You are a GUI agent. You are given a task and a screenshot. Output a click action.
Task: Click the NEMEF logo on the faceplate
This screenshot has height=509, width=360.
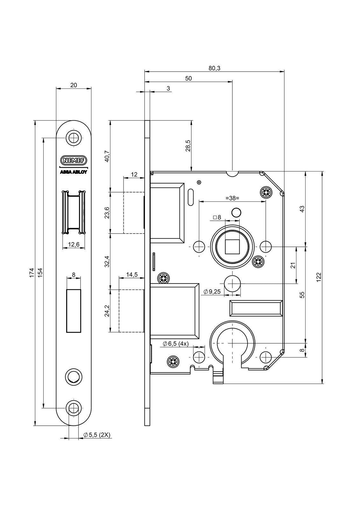tap(74, 161)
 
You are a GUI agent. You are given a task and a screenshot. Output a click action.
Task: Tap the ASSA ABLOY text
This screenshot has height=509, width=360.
tap(74, 172)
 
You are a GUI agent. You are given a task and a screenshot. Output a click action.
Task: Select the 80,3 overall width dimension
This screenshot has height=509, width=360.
tap(215, 68)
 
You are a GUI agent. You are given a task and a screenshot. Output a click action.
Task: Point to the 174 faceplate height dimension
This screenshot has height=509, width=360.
tap(32, 273)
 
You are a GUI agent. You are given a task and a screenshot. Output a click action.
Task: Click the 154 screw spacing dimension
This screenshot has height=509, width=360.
tap(40, 273)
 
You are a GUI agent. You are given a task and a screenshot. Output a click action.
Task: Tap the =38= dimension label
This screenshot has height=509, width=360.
tap(232, 198)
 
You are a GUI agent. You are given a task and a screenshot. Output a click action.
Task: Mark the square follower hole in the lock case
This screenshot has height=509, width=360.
tap(232, 247)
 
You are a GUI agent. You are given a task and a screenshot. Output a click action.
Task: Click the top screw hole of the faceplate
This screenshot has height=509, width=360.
tap(74, 137)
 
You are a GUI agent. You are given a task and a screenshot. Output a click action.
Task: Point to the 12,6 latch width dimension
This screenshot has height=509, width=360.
tap(74, 245)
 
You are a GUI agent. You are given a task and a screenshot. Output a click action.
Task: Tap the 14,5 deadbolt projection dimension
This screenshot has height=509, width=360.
tap(132, 275)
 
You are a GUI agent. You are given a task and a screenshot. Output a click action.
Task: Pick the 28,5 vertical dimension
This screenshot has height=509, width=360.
tap(188, 146)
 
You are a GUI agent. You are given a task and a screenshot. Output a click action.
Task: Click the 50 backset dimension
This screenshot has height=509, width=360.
tap(188, 78)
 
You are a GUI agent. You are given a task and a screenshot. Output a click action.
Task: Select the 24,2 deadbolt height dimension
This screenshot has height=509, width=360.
tap(107, 310)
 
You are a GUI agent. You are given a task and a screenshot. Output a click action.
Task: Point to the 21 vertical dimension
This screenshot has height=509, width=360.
tap(293, 265)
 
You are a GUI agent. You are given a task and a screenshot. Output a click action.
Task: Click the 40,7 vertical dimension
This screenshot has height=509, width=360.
tap(107, 156)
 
